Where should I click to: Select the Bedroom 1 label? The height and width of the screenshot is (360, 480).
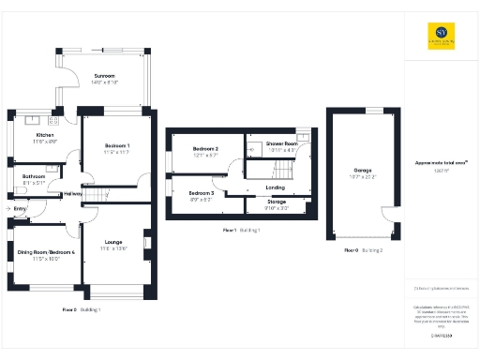(x=117, y=146)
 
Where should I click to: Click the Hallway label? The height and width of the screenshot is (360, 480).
(x=72, y=195)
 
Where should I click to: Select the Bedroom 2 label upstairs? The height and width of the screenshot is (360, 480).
(x=205, y=150)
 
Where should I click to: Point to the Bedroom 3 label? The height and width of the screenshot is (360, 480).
(x=202, y=192)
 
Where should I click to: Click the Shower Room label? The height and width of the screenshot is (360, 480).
(x=281, y=143)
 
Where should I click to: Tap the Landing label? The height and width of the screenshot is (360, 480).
(x=276, y=187)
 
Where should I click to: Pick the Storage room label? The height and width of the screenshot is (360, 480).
(x=277, y=202)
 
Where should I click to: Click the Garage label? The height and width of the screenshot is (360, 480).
(x=362, y=170)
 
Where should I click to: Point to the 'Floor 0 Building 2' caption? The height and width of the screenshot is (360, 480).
(x=363, y=250)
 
